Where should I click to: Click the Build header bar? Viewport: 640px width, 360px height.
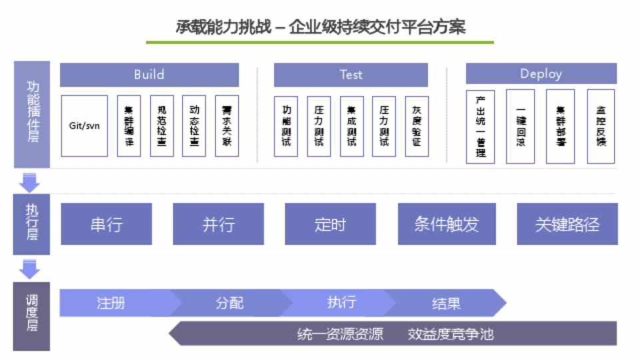point(149,75)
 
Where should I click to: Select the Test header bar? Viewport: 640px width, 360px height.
point(351,75)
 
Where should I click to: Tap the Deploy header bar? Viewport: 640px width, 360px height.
point(541,74)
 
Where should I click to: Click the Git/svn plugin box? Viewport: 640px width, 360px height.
point(84,125)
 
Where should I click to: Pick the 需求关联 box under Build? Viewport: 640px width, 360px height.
point(227,125)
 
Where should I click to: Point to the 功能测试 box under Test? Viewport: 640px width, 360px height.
point(287,126)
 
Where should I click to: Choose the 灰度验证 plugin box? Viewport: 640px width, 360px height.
point(417,126)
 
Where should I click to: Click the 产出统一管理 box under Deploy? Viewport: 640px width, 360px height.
point(480,126)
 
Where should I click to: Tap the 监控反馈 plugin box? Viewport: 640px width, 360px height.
point(601,126)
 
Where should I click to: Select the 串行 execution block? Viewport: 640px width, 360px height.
point(107,224)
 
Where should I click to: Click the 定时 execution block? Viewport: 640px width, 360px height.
point(330,224)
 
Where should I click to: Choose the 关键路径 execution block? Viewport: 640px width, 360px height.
point(567,224)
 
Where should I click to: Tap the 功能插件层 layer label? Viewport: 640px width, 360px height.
point(32,114)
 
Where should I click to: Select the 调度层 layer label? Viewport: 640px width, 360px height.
point(32,316)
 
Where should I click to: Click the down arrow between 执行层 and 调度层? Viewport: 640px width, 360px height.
point(30,269)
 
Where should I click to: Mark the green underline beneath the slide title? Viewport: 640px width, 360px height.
point(320,42)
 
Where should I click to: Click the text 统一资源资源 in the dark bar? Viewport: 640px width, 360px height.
point(340,333)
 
